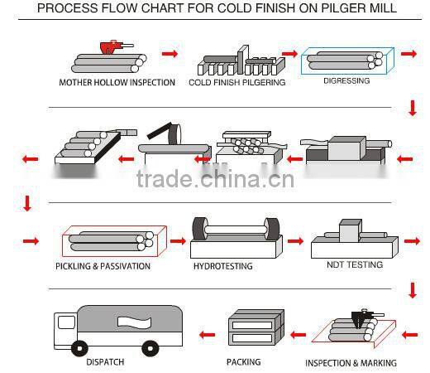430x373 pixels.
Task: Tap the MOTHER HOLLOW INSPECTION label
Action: pos(117,83)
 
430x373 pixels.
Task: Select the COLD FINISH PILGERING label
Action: pos(236,83)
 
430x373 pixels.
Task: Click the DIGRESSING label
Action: pos(346,81)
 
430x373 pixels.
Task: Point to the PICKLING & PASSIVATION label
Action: pos(103,266)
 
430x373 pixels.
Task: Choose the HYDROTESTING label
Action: pos(222,266)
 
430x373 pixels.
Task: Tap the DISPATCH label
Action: pos(105,362)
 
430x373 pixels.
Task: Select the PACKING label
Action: pos(243,362)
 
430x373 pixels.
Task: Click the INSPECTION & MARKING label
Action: pos(351,363)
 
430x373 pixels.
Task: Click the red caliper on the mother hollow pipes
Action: pos(108,46)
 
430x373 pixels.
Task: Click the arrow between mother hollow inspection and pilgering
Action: pos(170,54)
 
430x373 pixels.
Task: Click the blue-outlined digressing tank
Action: pos(342,61)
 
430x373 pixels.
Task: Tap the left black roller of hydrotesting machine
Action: pos(199,230)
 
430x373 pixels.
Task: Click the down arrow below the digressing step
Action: pos(412,108)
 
